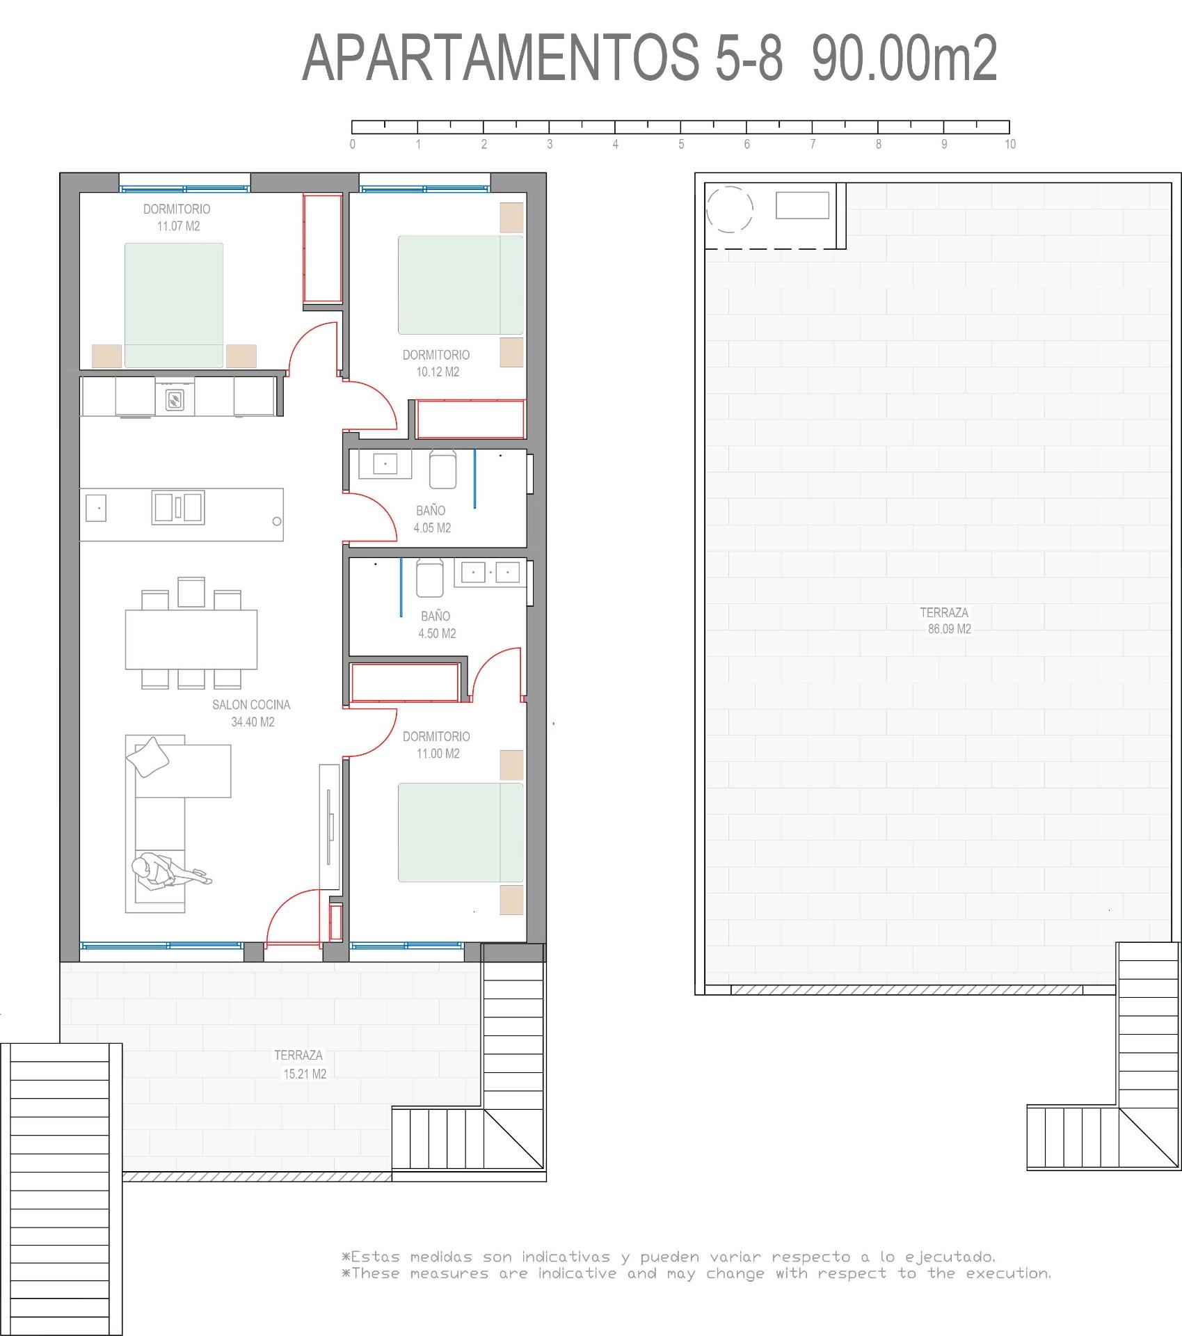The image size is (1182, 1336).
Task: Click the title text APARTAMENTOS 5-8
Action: [x=543, y=59]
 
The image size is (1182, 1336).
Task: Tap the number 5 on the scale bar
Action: [x=681, y=145]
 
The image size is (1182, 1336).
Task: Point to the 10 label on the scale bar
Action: [x=1009, y=145]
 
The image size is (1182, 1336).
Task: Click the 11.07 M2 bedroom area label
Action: [x=178, y=226]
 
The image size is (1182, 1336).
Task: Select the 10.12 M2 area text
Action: [x=438, y=372]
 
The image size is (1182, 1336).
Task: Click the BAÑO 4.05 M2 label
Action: [x=432, y=519]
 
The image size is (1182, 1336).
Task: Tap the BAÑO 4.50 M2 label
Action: [x=436, y=625]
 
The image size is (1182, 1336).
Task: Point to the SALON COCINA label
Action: [x=251, y=705]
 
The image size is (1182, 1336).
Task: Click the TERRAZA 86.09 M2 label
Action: [x=945, y=621]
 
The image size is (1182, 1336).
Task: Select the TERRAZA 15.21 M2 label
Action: [x=301, y=1064]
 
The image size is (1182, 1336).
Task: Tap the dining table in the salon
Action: [x=191, y=639]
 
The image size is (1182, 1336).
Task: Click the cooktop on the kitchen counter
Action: [x=175, y=399]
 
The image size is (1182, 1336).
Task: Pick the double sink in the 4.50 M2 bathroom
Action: [x=490, y=573]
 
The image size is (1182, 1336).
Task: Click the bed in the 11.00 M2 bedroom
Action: [x=460, y=832]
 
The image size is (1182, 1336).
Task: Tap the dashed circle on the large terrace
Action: [x=729, y=209]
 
